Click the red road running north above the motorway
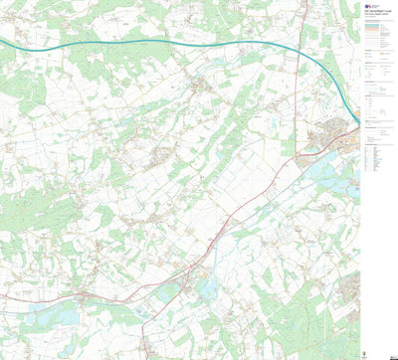click(302, 20)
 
